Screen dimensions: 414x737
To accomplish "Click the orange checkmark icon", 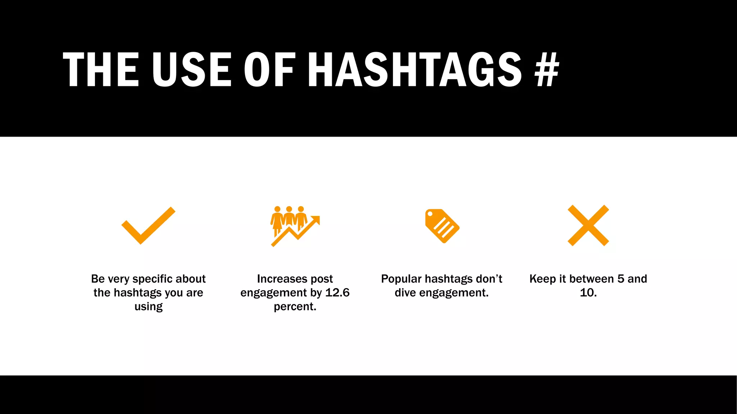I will pyautogui.click(x=148, y=226).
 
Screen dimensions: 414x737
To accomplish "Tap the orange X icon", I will pyautogui.click(x=588, y=225).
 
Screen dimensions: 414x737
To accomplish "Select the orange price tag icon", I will pyautogui.click(x=442, y=226).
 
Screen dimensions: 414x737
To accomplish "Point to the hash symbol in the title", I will pyautogui.click(x=547, y=69).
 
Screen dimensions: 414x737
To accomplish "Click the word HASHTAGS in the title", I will pyautogui.click(x=415, y=69).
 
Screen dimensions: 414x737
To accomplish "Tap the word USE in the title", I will pyautogui.click(x=191, y=69).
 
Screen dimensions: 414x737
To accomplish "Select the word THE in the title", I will pyautogui.click(x=101, y=69).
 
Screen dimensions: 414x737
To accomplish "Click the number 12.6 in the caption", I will pyautogui.click(x=337, y=293).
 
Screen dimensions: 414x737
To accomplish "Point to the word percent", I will pyautogui.click(x=294, y=307).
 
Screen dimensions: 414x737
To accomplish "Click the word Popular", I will pyautogui.click(x=401, y=279).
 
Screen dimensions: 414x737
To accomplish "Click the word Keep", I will pyautogui.click(x=542, y=279).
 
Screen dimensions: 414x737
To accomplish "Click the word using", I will pyautogui.click(x=148, y=307).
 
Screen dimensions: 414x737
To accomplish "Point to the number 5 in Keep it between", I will pyautogui.click(x=621, y=279).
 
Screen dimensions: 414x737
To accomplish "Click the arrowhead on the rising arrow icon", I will pyautogui.click(x=316, y=219).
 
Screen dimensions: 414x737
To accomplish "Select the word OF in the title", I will pyautogui.click(x=270, y=69).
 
